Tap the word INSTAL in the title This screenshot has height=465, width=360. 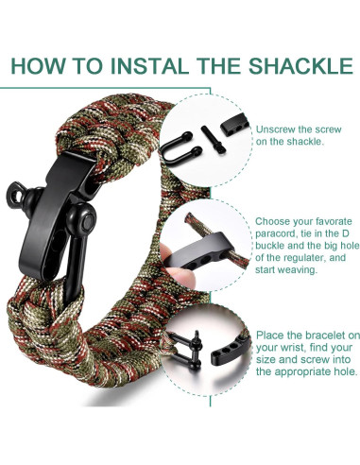point(135,67)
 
